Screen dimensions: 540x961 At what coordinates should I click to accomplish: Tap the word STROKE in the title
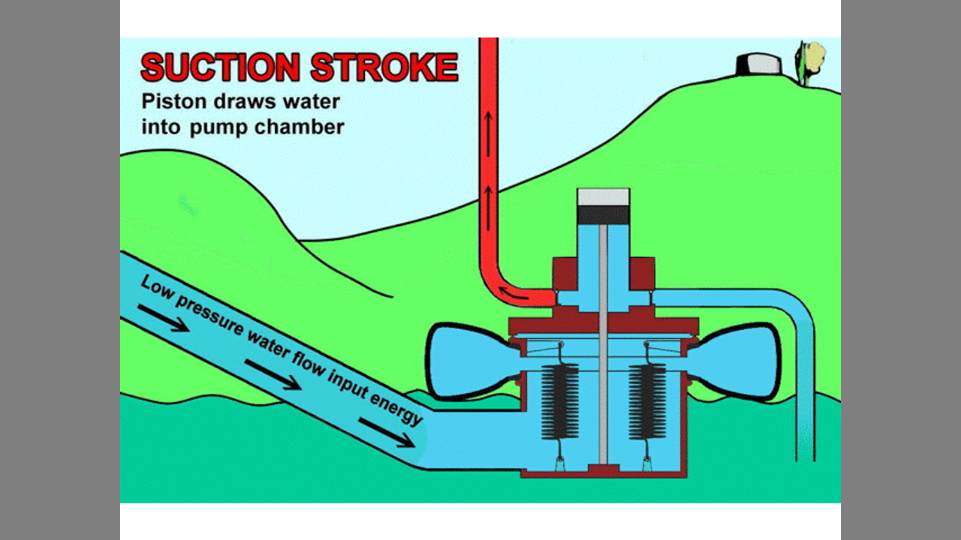coord(384,67)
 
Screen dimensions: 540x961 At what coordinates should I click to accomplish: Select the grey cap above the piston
coord(603,196)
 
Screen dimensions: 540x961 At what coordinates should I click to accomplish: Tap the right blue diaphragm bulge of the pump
coord(740,360)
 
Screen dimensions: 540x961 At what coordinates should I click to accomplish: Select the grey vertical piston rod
coord(603,345)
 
